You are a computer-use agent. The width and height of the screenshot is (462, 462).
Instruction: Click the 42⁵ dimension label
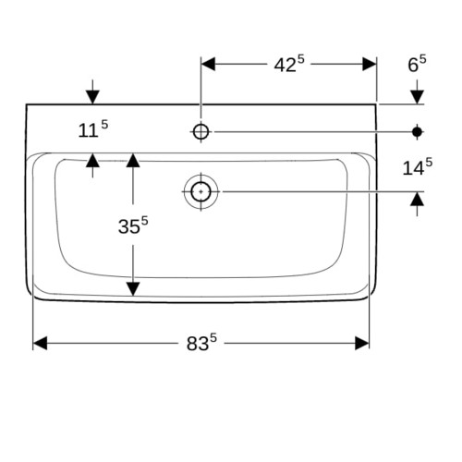(289, 64)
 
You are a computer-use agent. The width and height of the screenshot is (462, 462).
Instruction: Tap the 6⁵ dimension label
(417, 64)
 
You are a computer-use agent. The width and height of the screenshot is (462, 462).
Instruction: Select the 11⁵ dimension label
(93, 129)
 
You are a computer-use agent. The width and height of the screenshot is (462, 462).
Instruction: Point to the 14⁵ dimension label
(418, 167)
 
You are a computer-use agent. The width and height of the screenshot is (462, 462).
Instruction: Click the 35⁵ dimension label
(133, 225)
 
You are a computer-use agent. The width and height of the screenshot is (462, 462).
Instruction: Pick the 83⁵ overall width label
(201, 342)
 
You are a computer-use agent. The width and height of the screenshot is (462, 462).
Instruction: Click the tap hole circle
(201, 132)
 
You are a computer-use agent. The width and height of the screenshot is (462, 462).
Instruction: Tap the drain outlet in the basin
(201, 191)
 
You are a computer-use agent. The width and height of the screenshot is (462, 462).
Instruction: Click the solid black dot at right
(417, 132)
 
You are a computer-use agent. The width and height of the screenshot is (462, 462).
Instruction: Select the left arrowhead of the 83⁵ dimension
(40, 343)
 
